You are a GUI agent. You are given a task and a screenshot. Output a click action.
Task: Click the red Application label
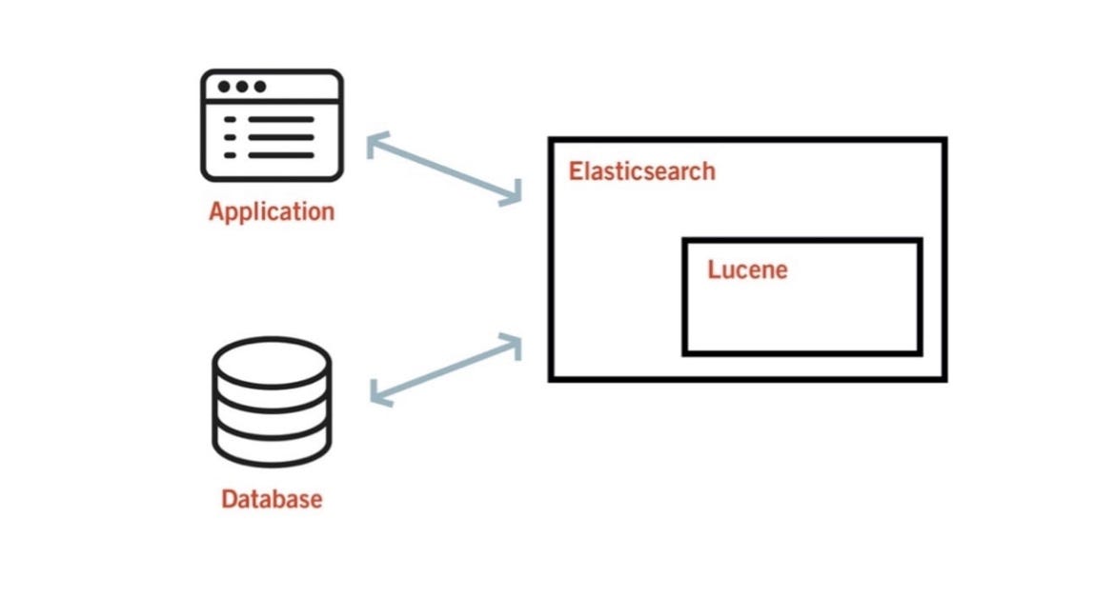[272, 210]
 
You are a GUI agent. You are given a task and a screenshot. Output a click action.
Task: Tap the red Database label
[272, 498]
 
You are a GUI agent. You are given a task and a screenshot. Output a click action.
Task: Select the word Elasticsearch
[641, 172]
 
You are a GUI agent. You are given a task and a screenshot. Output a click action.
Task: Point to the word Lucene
[747, 269]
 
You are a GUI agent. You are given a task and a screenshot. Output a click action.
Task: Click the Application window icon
[272, 125]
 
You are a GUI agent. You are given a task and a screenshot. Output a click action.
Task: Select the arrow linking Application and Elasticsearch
[444, 169]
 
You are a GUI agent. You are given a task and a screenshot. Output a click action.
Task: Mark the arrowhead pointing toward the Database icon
[376, 394]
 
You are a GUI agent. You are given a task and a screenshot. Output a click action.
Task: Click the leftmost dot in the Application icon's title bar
[224, 87]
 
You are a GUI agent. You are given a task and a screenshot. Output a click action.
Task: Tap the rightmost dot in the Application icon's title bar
[258, 87]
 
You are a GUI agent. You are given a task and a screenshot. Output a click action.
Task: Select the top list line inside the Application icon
[282, 120]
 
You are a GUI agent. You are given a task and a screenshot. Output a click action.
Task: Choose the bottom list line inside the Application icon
[282, 155]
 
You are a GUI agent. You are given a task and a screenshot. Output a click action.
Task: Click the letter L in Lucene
[714, 269]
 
